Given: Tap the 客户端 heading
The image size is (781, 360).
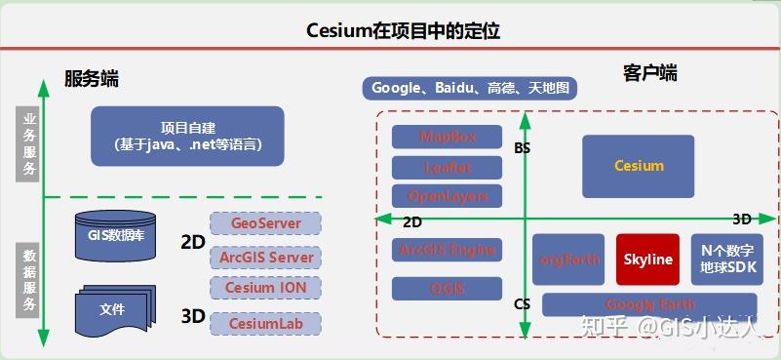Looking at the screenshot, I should click(x=649, y=73).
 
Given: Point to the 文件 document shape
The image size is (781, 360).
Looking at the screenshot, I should click(x=113, y=309).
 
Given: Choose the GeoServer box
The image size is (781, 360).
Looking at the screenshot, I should click(x=265, y=223).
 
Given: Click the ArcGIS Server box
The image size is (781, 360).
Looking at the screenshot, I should click(x=265, y=257).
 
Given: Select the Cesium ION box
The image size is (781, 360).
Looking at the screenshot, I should click(x=265, y=288).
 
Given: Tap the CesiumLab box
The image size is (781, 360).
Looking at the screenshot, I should click(x=265, y=322).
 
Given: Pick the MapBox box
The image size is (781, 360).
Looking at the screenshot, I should click(x=447, y=137).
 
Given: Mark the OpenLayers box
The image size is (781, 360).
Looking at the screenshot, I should click(x=447, y=195).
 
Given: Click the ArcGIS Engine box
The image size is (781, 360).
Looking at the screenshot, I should click(x=447, y=250).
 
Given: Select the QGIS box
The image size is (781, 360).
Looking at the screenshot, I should click(x=447, y=288).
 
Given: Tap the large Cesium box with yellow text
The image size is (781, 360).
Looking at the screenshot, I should click(x=639, y=166).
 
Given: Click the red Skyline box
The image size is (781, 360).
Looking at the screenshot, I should click(x=648, y=260).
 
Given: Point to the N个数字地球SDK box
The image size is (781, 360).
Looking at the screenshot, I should click(x=726, y=260).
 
